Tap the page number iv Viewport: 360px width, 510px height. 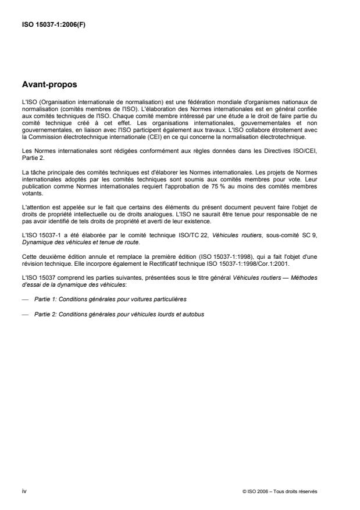point(24,491)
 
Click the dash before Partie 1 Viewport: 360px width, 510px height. point(24,298)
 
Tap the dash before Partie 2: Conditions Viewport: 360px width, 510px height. point(24,314)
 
